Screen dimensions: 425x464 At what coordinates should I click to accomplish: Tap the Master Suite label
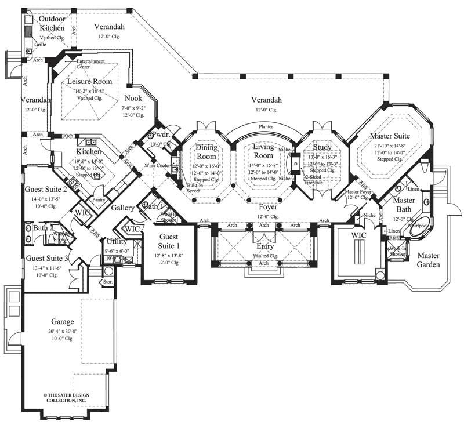click(390, 136)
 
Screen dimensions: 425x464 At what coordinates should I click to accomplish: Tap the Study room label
click(322, 147)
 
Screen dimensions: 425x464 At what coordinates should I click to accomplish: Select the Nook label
click(133, 99)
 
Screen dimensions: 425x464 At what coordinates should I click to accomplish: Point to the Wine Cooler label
click(158, 165)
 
